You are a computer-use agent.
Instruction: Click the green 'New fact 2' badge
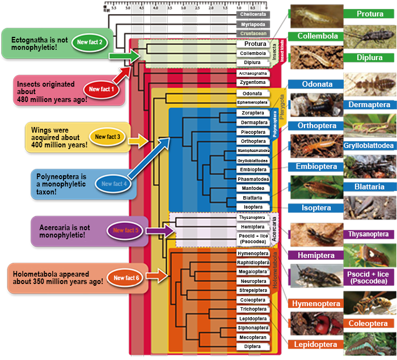pyautogui.click(x=90, y=43)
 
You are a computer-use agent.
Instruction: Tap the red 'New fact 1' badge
pyautogui.click(x=101, y=89)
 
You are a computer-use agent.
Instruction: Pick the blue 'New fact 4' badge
pyautogui.click(x=115, y=184)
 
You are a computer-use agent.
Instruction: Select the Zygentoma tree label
pyautogui.click(x=252, y=83)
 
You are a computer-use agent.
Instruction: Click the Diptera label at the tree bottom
pyautogui.click(x=252, y=347)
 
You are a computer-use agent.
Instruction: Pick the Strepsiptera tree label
pyautogui.click(x=252, y=290)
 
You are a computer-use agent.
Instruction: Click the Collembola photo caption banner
pyautogui.click(x=318, y=36)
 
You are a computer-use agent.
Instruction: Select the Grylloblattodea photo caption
pyautogui.click(x=369, y=146)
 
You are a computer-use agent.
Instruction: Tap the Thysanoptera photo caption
pyautogui.click(x=369, y=234)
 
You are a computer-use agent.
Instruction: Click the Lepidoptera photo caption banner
pyautogui.click(x=315, y=345)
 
